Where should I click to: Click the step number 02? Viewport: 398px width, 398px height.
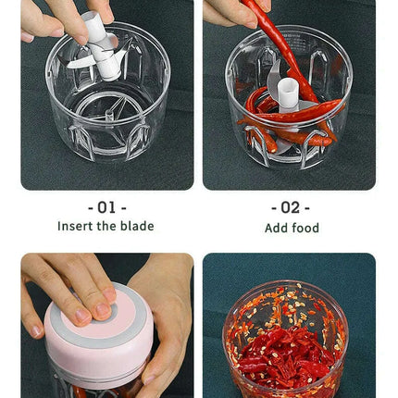(x=291, y=207)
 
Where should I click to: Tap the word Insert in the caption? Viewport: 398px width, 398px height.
(x=77, y=226)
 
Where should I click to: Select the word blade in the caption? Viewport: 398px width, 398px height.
(x=138, y=226)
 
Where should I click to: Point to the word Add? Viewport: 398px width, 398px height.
(x=277, y=228)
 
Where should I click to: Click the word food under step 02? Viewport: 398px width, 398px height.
(x=305, y=228)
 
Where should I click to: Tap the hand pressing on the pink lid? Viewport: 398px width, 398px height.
(x=65, y=287)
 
